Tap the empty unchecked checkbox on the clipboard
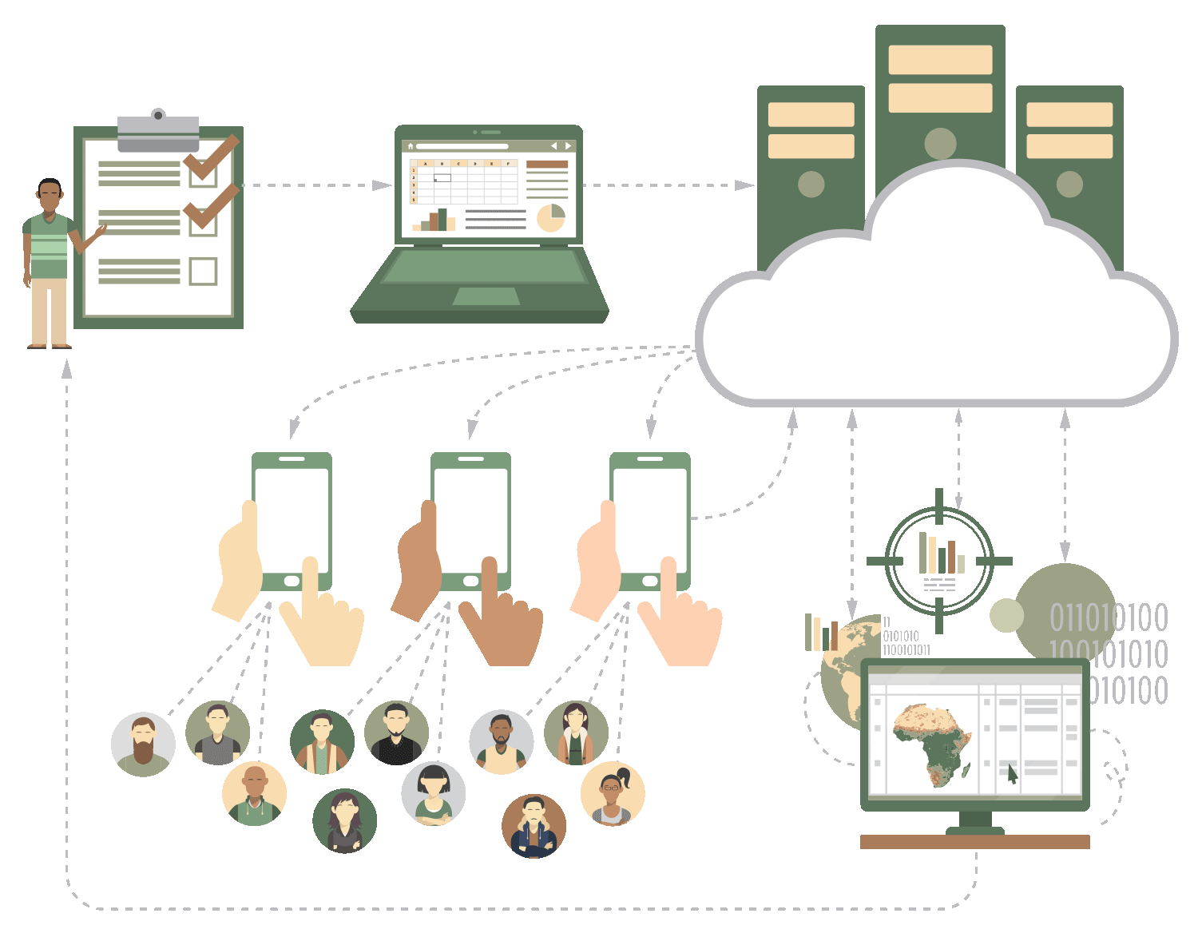coord(203,272)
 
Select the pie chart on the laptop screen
coord(550,217)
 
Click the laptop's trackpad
coord(486,296)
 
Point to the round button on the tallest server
coord(940,144)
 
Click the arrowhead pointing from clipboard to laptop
coord(383,185)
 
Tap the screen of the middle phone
coord(470,519)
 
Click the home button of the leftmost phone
coord(292,581)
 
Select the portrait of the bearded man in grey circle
coord(143,744)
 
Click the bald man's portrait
coord(254,794)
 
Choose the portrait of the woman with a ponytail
coord(613,794)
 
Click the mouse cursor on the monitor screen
coord(1012,773)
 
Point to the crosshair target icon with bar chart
coord(939,561)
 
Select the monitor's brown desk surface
coord(974,842)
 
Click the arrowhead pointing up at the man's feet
coord(67,369)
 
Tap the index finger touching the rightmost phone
coord(669,583)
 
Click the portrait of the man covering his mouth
coord(534,826)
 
